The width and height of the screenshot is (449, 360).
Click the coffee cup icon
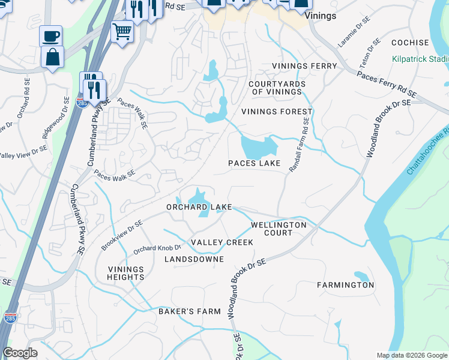pyautogui.click(x=51, y=35)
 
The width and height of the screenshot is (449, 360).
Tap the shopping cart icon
pyautogui.click(x=122, y=29)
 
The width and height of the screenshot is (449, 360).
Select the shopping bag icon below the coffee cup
pyautogui.click(x=52, y=58)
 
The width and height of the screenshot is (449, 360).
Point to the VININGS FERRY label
pyautogui.click(x=304, y=65)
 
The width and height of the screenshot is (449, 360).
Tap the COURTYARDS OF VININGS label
pyautogui.click(x=277, y=88)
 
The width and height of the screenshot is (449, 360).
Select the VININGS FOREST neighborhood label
pyautogui.click(x=277, y=112)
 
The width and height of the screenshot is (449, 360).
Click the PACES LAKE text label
pyautogui.click(x=255, y=163)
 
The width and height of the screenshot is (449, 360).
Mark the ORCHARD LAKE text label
pyautogui.click(x=199, y=207)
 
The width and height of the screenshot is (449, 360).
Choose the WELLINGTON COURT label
pyautogui.click(x=279, y=229)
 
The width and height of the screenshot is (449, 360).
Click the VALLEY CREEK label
pyautogui.click(x=221, y=242)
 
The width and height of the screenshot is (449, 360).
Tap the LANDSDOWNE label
pyautogui.click(x=194, y=259)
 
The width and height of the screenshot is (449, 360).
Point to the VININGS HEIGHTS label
pyautogui.click(x=126, y=273)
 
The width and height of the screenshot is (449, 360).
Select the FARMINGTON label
pyautogui.click(x=345, y=285)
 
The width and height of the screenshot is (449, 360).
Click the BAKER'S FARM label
pyautogui.click(x=190, y=311)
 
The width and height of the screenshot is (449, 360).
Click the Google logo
pyautogui.click(x=20, y=353)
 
